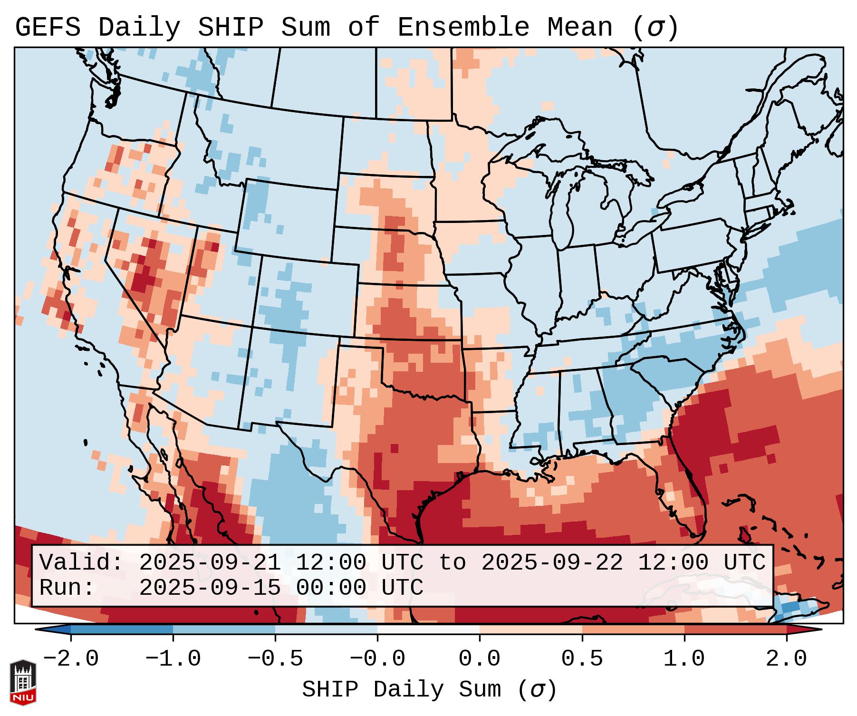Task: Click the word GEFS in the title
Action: click(48, 28)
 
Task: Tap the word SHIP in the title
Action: click(230, 28)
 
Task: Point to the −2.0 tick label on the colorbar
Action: click(71, 659)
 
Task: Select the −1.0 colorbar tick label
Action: click(173, 659)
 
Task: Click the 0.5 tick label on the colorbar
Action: click(582, 659)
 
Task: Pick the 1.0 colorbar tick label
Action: click(684, 659)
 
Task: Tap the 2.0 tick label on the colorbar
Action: click(786, 659)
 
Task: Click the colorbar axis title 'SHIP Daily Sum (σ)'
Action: click(429, 689)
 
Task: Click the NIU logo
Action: click(23, 682)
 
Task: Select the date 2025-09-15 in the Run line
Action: click(210, 588)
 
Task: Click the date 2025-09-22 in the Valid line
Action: click(552, 562)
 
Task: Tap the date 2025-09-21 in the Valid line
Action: click(210, 562)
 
